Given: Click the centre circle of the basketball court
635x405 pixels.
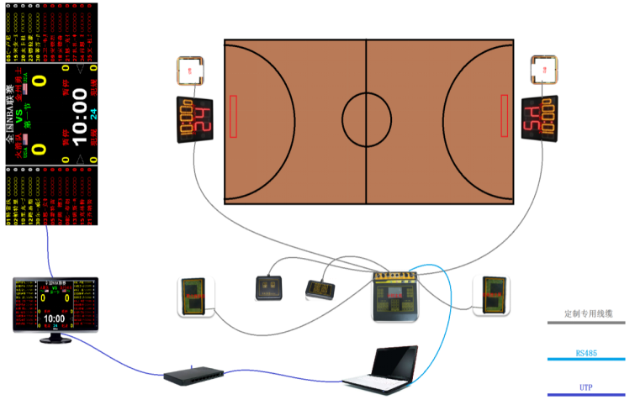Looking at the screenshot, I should [367, 120].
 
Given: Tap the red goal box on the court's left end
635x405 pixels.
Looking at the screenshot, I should [233, 116].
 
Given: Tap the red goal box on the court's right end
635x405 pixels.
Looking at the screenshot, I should [505, 116].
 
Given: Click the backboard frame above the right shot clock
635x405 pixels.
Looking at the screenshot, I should [546, 71].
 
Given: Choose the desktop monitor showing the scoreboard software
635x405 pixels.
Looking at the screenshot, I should [55, 306].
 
